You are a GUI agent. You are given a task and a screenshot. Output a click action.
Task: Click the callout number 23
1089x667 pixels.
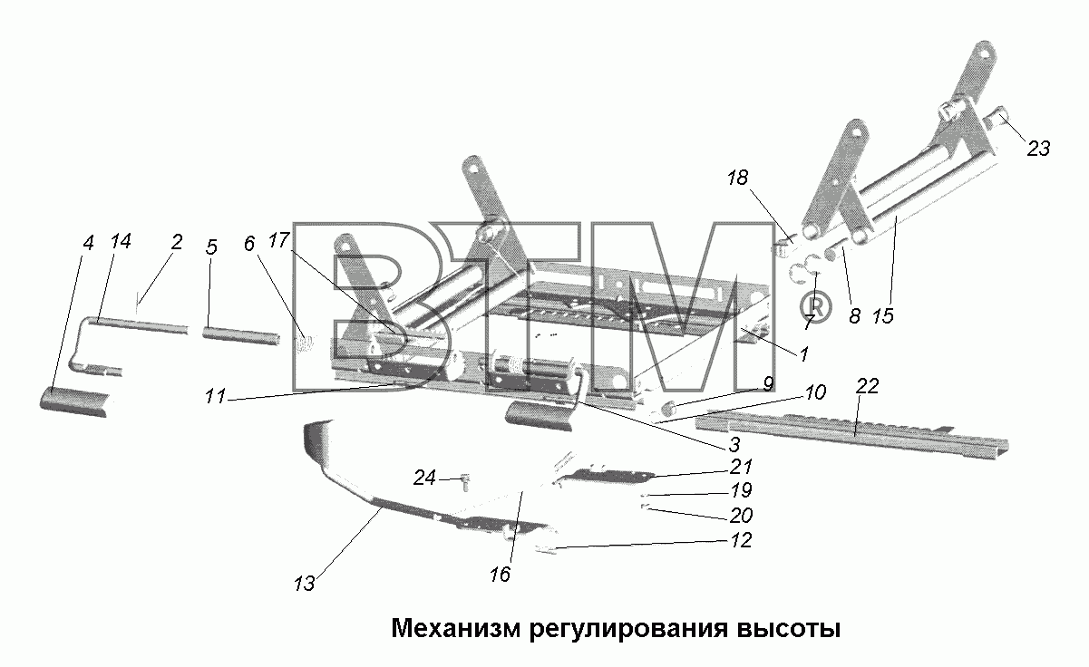[1038, 148]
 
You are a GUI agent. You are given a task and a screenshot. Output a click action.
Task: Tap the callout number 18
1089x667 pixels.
[737, 178]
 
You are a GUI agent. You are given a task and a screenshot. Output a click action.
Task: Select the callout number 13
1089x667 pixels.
[305, 584]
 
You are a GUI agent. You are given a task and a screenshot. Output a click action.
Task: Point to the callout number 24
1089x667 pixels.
[424, 478]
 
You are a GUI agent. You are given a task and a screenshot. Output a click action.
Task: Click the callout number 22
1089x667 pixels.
[867, 386]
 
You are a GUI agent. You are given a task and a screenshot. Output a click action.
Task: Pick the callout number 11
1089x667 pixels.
[216, 396]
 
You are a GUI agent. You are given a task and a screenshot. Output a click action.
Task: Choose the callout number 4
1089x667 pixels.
[88, 243]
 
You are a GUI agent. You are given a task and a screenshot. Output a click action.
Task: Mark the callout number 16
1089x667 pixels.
[501, 575]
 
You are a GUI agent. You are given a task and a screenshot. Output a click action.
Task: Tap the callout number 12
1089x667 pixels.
[742, 540]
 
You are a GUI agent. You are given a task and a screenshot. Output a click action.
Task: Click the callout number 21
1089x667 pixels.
[742, 467]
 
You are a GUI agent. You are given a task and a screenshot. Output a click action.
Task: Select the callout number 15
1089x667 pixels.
[883, 316]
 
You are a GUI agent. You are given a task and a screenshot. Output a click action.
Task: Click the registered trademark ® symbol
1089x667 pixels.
[816, 307]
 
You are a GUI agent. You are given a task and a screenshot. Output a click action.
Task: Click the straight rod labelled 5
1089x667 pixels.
[241, 336]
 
